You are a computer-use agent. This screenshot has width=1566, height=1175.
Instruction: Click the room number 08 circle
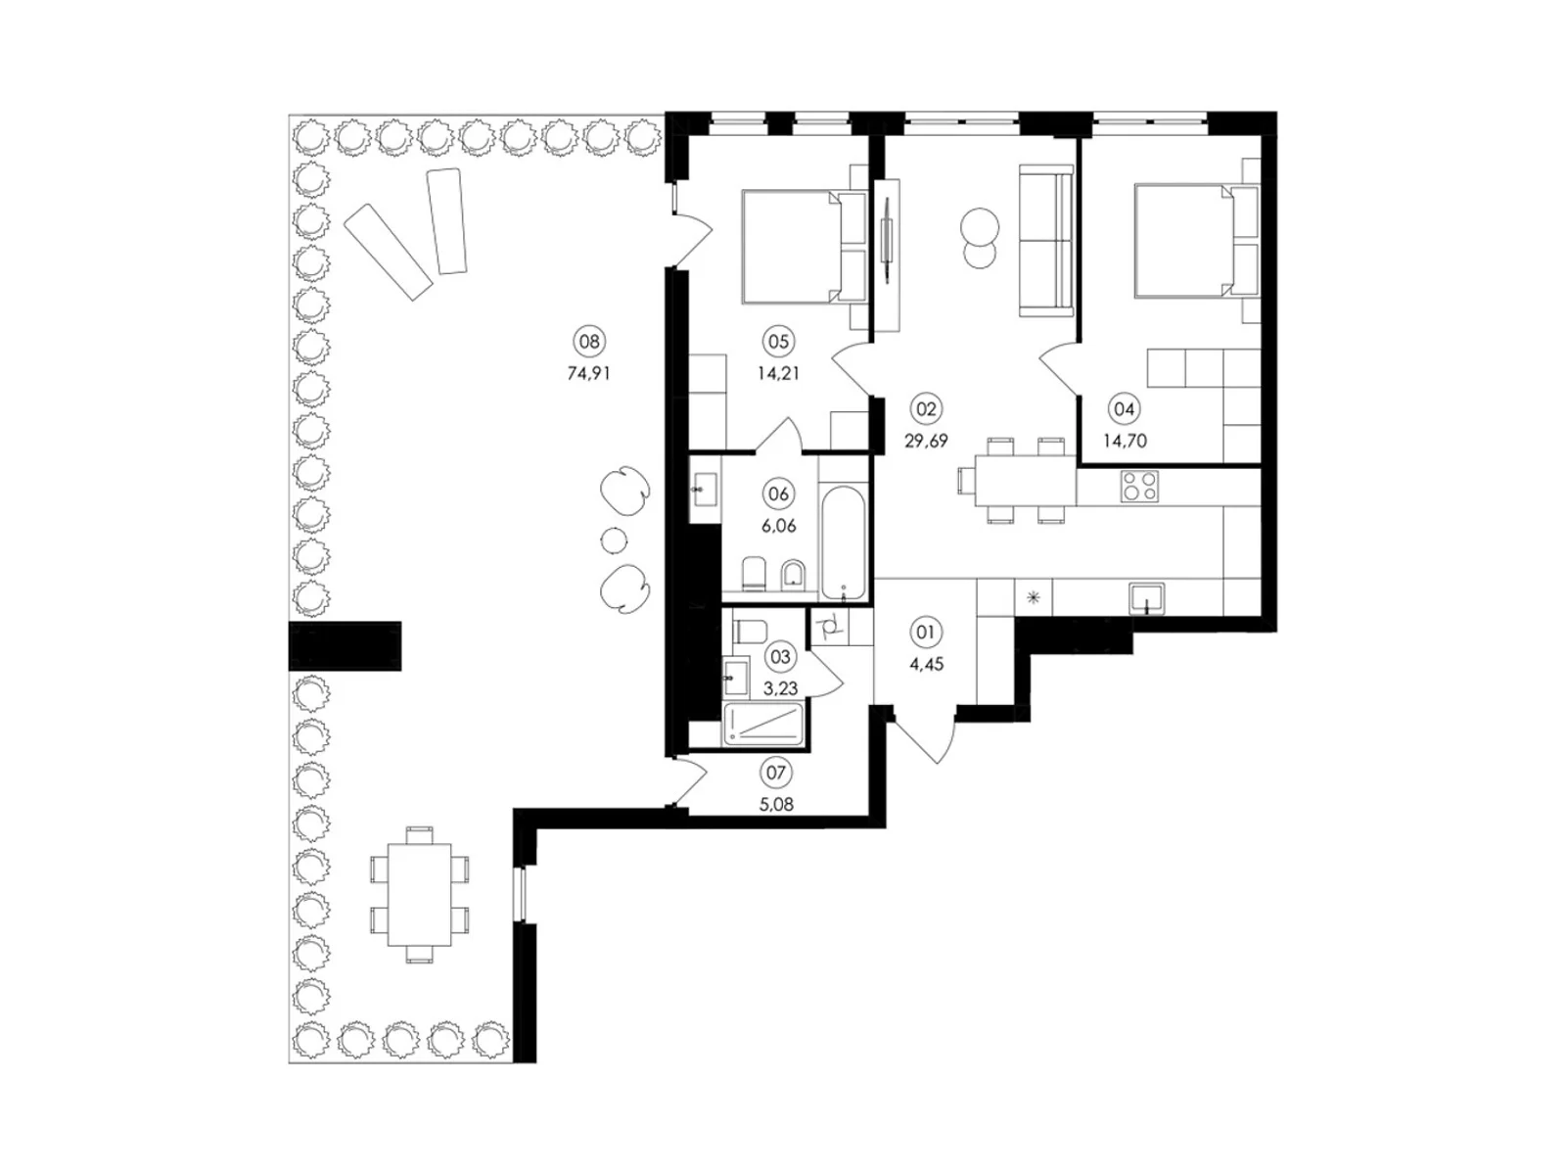click(x=588, y=341)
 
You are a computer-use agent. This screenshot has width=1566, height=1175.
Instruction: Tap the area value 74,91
click(x=588, y=373)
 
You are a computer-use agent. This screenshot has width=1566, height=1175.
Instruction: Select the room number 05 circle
click(x=778, y=341)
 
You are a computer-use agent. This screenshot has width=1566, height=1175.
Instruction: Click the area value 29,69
click(x=925, y=441)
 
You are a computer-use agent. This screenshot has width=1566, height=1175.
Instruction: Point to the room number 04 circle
click(x=1124, y=408)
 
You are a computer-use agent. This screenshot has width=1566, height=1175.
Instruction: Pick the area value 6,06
click(x=778, y=526)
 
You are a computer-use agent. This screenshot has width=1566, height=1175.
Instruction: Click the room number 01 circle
click(x=925, y=633)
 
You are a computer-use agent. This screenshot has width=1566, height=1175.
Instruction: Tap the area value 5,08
click(x=776, y=805)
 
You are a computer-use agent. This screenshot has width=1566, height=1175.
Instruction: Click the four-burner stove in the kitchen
click(x=1138, y=488)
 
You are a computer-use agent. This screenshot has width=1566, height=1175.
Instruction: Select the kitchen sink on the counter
click(x=1146, y=598)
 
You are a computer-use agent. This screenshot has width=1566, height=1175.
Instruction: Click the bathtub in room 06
click(x=844, y=543)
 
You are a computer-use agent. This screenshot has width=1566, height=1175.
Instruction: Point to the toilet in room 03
click(x=749, y=632)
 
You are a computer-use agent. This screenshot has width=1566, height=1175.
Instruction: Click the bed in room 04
click(x=1195, y=241)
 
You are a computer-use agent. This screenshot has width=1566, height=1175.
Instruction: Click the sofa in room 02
click(x=1046, y=240)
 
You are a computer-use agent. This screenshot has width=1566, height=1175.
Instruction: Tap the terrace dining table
click(x=420, y=895)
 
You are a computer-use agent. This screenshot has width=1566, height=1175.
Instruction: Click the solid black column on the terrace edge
click(x=345, y=645)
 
